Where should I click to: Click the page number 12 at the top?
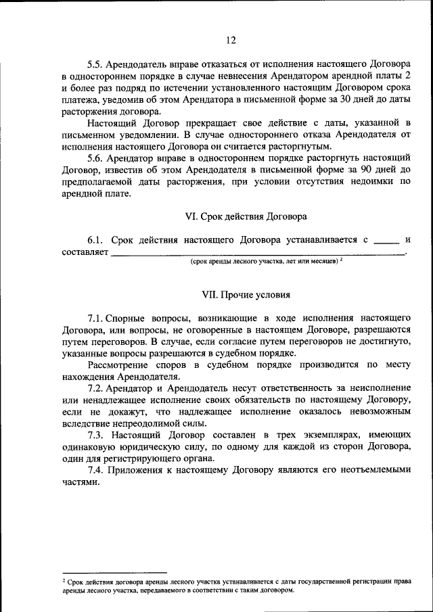click(x=231, y=41)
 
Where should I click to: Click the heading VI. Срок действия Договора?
click(x=246, y=216)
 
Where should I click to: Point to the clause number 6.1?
click(x=95, y=240)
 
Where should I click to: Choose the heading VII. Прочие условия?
click(x=246, y=295)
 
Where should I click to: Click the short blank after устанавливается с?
click(x=386, y=241)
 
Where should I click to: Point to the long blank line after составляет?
click(x=257, y=254)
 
